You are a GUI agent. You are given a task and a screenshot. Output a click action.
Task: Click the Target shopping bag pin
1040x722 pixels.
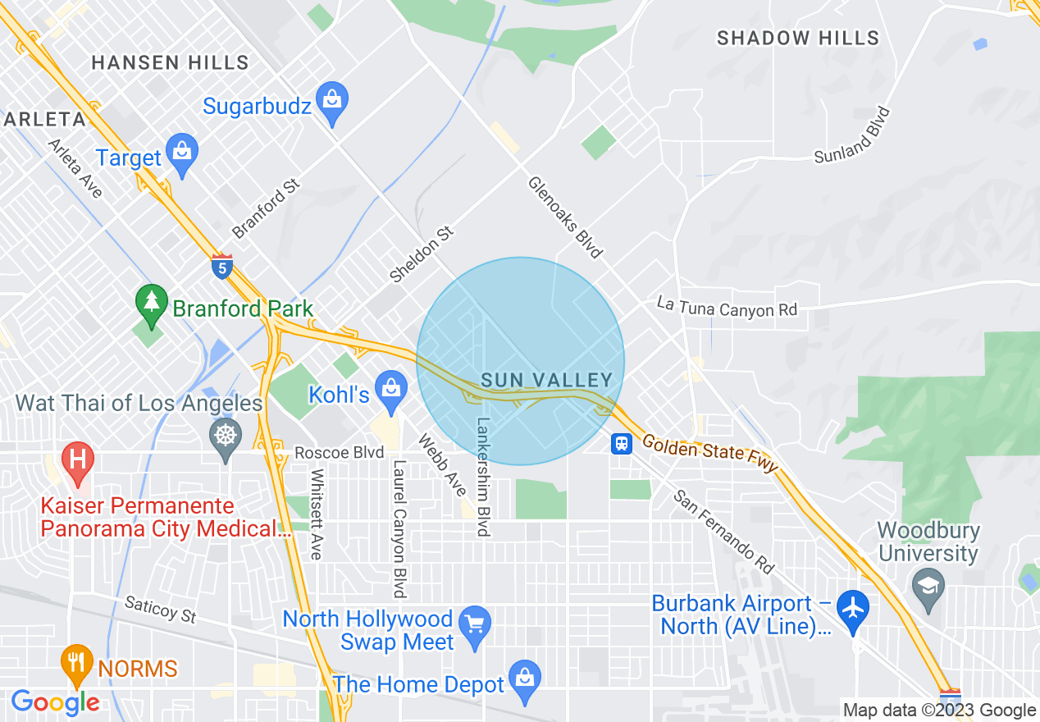pyautogui.click(x=181, y=153)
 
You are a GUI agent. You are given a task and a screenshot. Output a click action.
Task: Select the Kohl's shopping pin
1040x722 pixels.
pyautogui.click(x=390, y=388)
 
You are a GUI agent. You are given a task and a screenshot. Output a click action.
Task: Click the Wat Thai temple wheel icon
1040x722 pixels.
pyautogui.click(x=226, y=435)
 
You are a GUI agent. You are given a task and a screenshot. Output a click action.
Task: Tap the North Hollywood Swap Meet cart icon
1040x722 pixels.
pyautogui.click(x=475, y=625)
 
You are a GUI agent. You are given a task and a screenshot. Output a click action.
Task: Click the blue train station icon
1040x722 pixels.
pyautogui.click(x=622, y=444)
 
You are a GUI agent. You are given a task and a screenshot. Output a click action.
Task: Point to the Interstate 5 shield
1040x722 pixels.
pyautogui.click(x=221, y=266)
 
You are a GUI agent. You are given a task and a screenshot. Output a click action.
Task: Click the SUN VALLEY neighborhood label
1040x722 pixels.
pyautogui.click(x=547, y=380)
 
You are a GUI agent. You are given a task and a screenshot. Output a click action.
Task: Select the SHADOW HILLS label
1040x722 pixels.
pyautogui.click(x=798, y=38)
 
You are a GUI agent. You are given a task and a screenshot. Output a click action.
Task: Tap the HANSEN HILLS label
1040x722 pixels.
pyautogui.click(x=170, y=62)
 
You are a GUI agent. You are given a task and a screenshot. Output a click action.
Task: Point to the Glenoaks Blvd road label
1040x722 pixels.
pyautogui.click(x=565, y=217)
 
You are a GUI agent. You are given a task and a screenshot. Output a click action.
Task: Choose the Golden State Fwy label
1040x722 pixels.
pyautogui.click(x=709, y=454)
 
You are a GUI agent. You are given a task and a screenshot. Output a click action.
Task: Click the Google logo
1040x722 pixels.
pyautogui.click(x=55, y=703)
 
